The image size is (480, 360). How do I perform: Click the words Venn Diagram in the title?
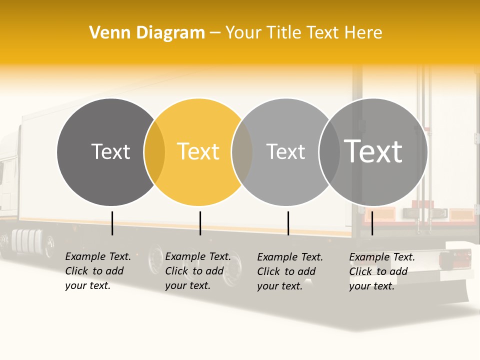(147, 33)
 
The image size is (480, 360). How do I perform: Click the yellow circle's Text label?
(198, 151)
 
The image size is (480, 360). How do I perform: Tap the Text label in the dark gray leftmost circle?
(110, 151)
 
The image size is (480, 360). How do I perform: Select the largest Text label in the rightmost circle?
(373, 151)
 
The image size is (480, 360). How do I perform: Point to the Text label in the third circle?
(285, 151)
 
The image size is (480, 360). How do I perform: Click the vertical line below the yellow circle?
(200, 223)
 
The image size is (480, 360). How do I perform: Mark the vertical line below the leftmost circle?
(112, 223)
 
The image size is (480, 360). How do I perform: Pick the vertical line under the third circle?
(288, 223)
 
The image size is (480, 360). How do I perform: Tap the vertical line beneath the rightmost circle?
(372, 223)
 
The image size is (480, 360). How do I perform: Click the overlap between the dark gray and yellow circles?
(154, 152)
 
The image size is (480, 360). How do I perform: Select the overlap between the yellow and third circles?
(242, 152)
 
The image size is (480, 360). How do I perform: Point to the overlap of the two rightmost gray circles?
(329, 152)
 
